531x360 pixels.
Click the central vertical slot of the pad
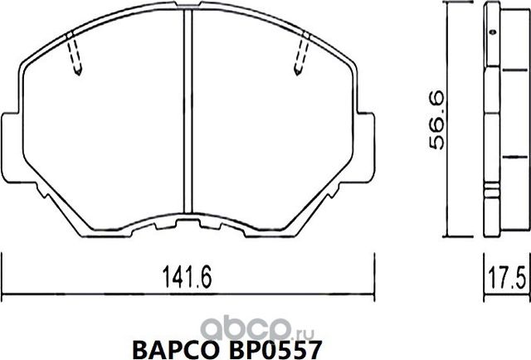click(189, 116)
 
